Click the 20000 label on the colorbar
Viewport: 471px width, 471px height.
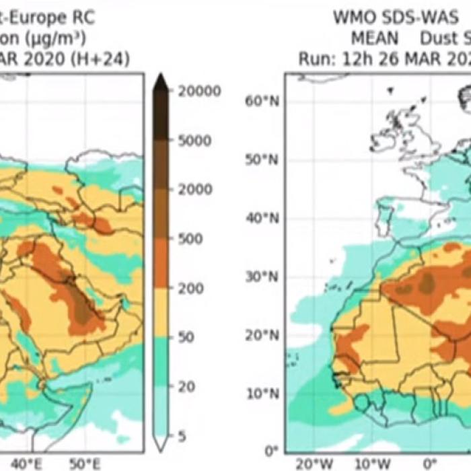point(198,92)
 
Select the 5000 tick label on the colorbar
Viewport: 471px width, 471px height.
point(194,141)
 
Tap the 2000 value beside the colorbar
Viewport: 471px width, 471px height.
point(194,190)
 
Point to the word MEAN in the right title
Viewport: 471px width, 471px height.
point(374,38)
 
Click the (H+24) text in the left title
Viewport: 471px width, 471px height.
point(101,59)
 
